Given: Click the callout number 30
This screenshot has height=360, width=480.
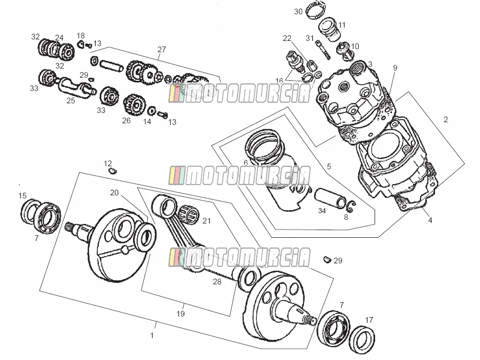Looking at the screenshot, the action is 298,12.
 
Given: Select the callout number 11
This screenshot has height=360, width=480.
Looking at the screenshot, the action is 342,25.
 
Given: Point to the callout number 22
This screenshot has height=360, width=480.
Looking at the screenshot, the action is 287,38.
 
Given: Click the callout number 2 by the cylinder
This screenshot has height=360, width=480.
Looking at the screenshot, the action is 446,119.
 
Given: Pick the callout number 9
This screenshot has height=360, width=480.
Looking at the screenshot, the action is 395,67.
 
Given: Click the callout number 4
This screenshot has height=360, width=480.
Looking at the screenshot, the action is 430,220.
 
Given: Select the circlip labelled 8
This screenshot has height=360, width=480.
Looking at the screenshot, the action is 351,206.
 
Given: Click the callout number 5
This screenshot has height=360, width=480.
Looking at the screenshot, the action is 329,166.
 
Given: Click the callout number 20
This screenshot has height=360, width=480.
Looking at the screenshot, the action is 114,193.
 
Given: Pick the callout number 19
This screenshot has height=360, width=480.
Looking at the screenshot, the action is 181,313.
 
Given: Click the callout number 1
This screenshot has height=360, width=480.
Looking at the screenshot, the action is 152,335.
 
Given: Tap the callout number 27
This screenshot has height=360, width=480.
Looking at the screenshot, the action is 162,49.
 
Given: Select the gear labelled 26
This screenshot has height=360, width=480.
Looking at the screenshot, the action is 134,104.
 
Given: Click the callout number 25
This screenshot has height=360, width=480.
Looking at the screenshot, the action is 71,100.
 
